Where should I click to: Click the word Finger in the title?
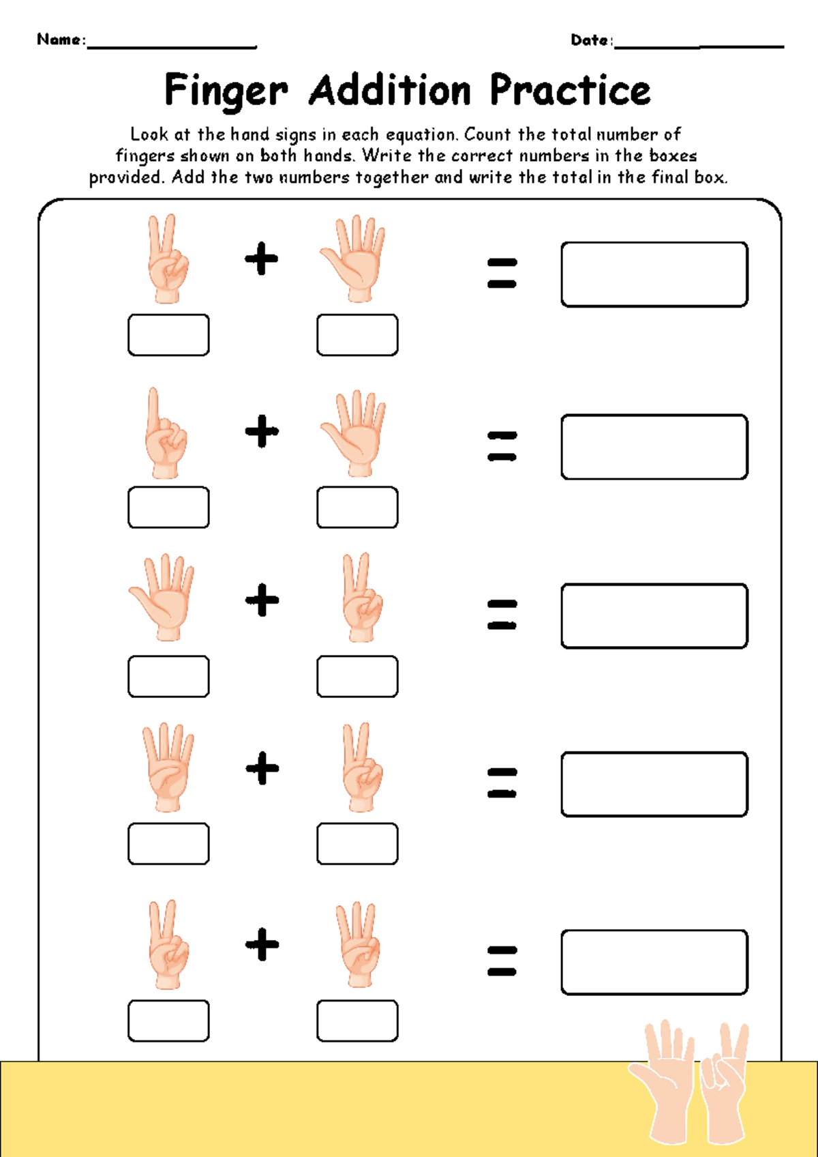226,91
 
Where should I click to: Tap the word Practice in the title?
570,90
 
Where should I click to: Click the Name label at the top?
60,40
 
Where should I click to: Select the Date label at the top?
590,40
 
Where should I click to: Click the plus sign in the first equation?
262,259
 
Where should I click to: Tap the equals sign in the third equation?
502,614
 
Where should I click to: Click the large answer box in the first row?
654,274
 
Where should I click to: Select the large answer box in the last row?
654,962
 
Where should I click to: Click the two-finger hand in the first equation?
166,259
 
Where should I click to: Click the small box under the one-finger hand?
168,508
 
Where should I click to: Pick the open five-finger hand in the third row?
164,598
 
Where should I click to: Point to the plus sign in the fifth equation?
262,944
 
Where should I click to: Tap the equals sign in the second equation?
502,445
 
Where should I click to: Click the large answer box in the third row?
654,616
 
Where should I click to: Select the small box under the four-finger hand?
168,844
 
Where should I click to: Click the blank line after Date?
699,45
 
